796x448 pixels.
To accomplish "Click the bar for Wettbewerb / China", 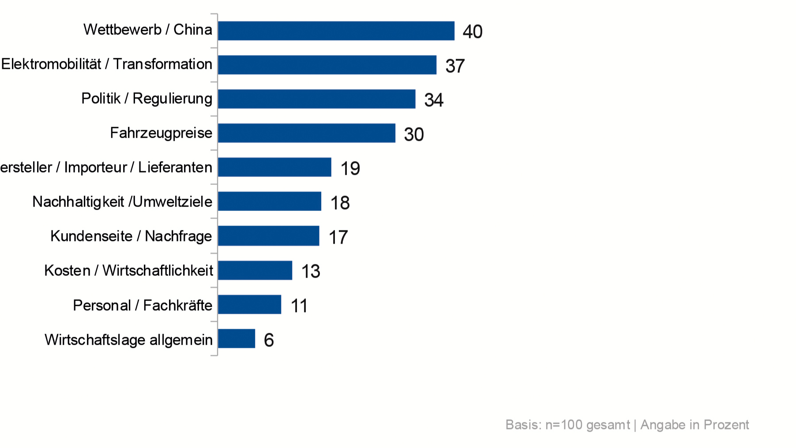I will pyautogui.click(x=336, y=31).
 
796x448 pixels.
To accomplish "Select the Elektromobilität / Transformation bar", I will pyautogui.click(x=327, y=65).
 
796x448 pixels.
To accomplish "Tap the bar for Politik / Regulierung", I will pyautogui.click(x=316, y=99).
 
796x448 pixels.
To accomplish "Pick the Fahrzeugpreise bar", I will pyautogui.click(x=306, y=133).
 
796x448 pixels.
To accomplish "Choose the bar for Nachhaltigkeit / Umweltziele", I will pyautogui.click(x=269, y=201).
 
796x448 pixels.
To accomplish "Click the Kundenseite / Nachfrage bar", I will pyautogui.click(x=268, y=236).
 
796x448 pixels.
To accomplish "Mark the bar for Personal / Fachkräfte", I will pyautogui.click(x=249, y=305).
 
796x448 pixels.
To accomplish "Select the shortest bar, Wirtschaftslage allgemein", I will pyautogui.click(x=236, y=339).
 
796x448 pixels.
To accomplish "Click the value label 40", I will pyautogui.click(x=472, y=32).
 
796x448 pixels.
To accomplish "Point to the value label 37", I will pyautogui.click(x=455, y=66).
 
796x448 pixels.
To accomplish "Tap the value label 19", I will pyautogui.click(x=350, y=169).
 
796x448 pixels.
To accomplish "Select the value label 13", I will pyautogui.click(x=310, y=271).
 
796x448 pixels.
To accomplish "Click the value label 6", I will pyautogui.click(x=269, y=340).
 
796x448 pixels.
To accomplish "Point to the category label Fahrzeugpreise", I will pyautogui.click(x=161, y=133).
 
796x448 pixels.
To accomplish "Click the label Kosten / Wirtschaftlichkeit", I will pyautogui.click(x=128, y=270).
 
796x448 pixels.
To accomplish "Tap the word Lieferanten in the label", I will pyautogui.click(x=175, y=167).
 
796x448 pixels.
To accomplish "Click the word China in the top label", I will pyautogui.click(x=192, y=30).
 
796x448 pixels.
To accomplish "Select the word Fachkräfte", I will pyautogui.click(x=177, y=305).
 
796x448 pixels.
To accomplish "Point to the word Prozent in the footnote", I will pyautogui.click(x=726, y=425).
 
